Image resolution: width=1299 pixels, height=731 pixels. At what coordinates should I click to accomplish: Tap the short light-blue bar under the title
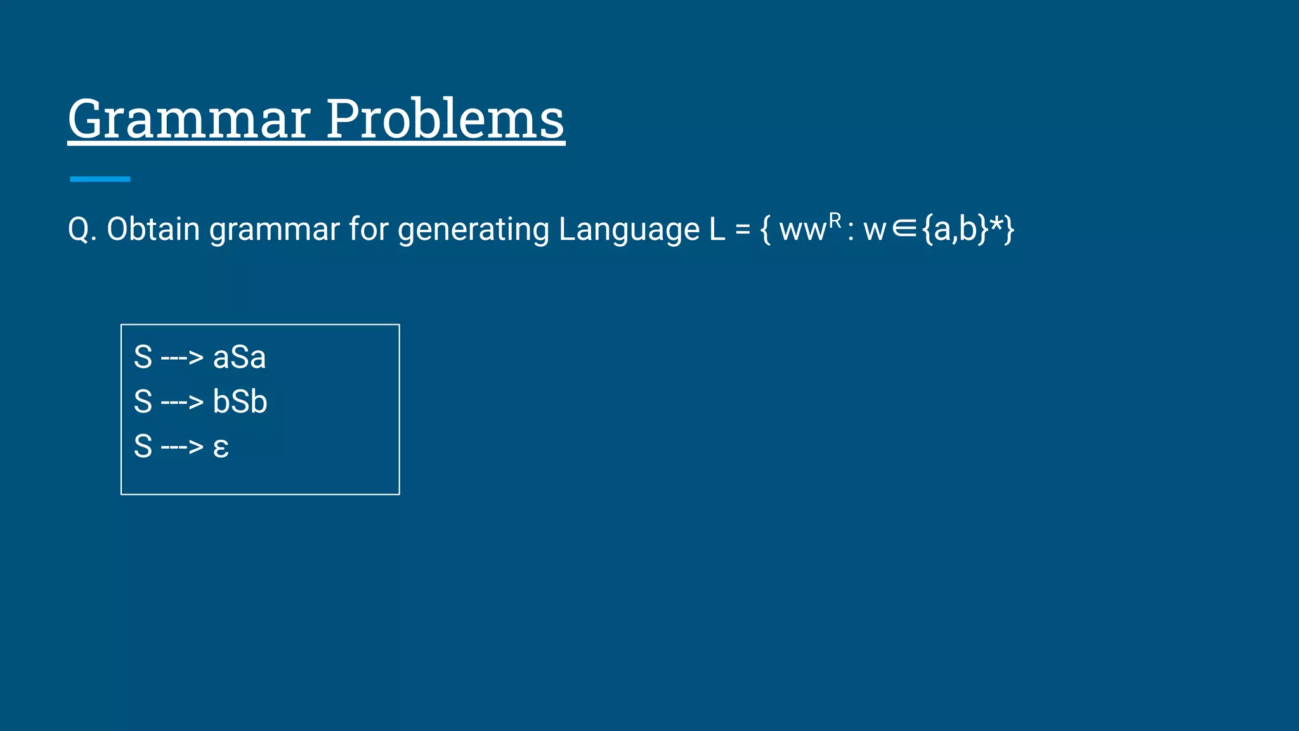100,179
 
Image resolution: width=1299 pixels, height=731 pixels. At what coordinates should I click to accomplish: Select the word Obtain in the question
153,229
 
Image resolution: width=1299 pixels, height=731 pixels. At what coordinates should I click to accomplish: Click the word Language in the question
629,229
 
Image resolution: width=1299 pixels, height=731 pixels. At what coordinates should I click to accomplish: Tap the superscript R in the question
835,220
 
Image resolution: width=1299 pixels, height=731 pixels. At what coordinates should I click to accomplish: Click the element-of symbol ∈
904,229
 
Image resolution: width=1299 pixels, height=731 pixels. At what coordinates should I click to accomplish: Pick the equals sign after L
743,229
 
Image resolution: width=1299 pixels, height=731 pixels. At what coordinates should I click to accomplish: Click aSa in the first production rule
239,357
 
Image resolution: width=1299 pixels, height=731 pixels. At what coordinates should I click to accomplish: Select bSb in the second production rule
240,402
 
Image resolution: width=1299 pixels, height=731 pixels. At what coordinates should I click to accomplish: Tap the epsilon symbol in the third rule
221,447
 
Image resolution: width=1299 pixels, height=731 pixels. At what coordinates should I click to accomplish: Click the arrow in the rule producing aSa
182,358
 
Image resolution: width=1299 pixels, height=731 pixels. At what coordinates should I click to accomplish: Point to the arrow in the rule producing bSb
182,402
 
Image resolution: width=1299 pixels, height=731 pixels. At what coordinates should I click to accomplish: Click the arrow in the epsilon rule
182,447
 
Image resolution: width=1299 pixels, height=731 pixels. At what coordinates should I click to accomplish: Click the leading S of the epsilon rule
143,446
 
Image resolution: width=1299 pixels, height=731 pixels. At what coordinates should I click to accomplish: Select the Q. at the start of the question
82,229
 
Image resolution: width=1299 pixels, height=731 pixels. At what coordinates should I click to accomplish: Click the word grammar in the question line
274,229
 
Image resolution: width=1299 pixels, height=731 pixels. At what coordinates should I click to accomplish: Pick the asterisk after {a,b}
996,225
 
